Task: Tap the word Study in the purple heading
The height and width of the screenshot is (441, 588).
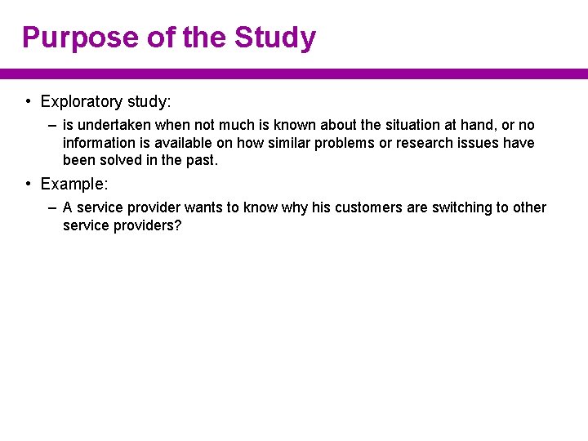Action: coord(275,38)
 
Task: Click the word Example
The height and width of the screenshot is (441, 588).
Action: coord(72,184)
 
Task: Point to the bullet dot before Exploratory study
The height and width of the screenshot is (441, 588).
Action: coord(28,102)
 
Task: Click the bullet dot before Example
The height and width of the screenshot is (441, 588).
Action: coord(28,184)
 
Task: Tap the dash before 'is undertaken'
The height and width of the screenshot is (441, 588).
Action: coord(52,125)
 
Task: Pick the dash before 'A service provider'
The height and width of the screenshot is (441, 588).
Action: coord(52,207)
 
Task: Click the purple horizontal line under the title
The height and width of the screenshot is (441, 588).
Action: coord(294,73)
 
